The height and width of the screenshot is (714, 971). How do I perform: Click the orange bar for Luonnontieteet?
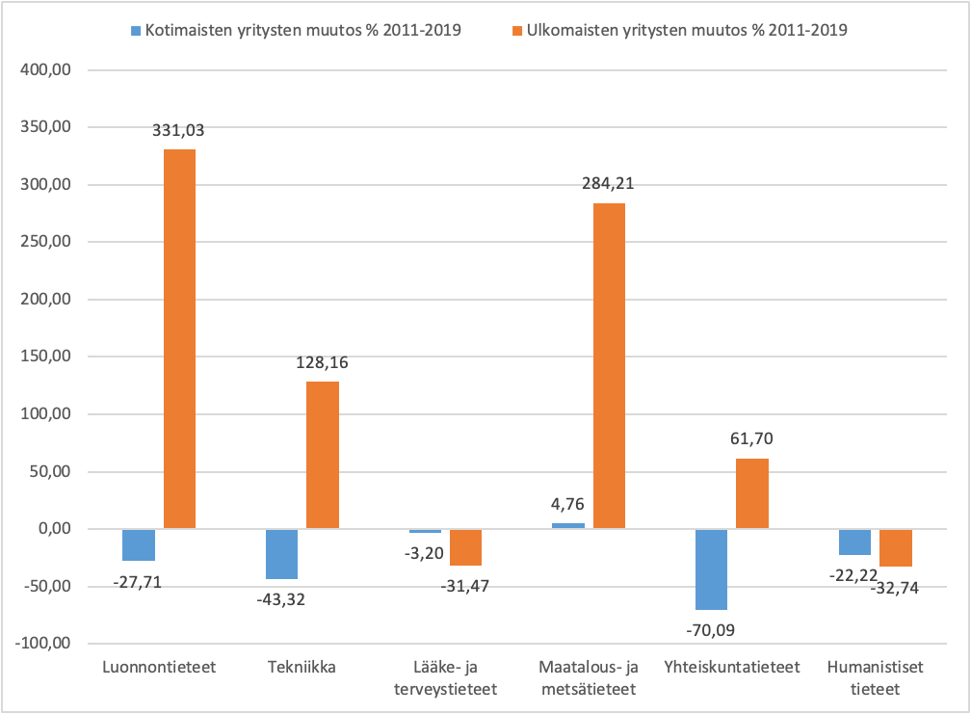pyautogui.click(x=179, y=338)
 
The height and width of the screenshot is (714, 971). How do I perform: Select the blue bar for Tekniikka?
pyautogui.click(x=281, y=553)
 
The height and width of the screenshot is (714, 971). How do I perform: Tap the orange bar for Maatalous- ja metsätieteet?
pyautogui.click(x=609, y=365)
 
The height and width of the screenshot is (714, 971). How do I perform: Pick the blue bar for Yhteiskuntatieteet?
pyautogui.click(x=711, y=569)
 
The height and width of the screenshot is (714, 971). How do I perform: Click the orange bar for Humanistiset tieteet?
pyautogui.click(x=896, y=547)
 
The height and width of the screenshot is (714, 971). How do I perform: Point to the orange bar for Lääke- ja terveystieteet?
pyautogui.click(x=465, y=546)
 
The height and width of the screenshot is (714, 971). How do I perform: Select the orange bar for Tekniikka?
pyautogui.click(x=323, y=455)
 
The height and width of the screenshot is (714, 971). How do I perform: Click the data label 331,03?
pyautogui.click(x=179, y=132)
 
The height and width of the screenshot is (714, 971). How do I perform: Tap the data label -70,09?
pyautogui.click(x=711, y=630)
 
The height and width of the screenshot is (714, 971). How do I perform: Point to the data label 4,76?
pyautogui.click(x=568, y=503)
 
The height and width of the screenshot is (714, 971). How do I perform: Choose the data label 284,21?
pyautogui.click(x=609, y=184)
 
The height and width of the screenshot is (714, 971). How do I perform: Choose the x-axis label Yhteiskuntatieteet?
pyautogui.click(x=732, y=667)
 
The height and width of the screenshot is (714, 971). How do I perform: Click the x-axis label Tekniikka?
pyautogui.click(x=302, y=667)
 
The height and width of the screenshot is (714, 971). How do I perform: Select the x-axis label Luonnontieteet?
pyautogui.click(x=158, y=667)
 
